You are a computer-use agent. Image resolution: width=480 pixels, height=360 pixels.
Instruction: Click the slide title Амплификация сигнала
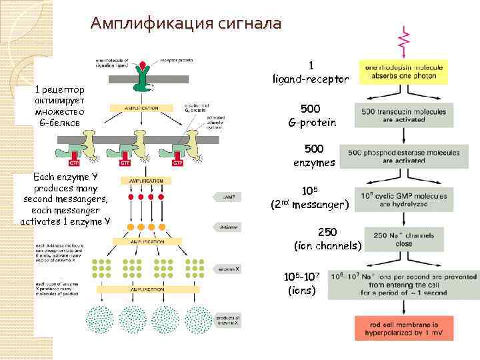pyautogui.click(x=186, y=24)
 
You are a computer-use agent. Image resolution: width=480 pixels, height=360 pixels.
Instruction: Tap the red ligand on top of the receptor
pyautogui.click(x=143, y=65)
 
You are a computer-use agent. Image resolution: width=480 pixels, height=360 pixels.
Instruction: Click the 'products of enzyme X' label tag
pyautogui.click(x=227, y=321)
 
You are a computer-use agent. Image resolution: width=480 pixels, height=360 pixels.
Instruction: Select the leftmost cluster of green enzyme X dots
pyautogui.click(x=101, y=267)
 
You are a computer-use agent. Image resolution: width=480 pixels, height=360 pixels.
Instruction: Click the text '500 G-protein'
pyautogui.click(x=311, y=115)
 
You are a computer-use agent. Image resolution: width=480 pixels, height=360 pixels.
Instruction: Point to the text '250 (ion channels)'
pyautogui.click(x=327, y=239)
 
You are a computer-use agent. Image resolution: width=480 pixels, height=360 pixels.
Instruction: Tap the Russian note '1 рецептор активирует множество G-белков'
pyautogui.click(x=60, y=105)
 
